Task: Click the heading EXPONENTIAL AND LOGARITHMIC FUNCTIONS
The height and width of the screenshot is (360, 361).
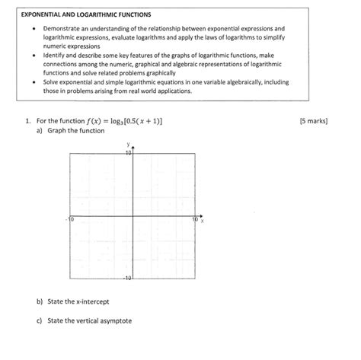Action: (86, 14)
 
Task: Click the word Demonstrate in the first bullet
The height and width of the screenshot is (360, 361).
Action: (61, 27)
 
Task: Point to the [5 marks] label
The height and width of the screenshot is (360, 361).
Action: (314, 120)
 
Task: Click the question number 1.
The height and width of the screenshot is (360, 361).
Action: (27, 120)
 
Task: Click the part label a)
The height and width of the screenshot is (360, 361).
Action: (39, 131)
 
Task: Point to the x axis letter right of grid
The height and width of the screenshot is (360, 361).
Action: (203, 221)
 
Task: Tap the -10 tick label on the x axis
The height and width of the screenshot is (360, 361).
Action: (71, 220)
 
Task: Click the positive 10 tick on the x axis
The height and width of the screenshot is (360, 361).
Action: (195, 220)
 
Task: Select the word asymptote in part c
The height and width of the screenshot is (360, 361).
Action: (113, 321)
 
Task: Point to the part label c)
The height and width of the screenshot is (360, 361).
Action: (39, 321)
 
